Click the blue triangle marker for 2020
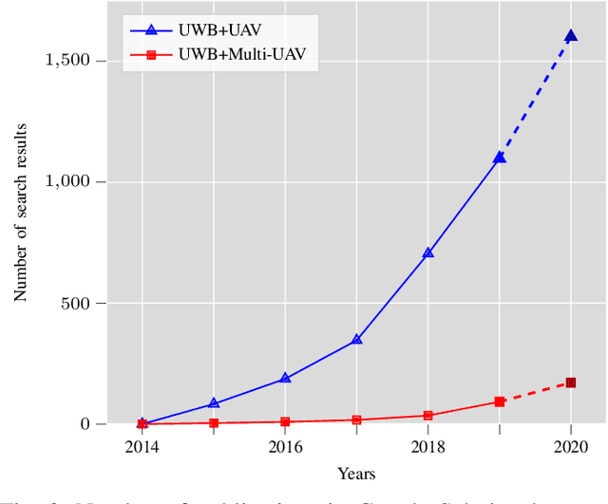570,36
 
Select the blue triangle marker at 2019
499,158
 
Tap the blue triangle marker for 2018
427,253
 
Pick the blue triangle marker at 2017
356,339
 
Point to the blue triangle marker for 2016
285,379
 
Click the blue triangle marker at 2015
214,403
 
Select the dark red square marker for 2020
570,383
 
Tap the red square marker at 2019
499,401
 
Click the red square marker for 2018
427,415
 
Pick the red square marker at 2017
356,420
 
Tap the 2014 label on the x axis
142,444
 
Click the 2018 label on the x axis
427,444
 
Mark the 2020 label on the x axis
570,444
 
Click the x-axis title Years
356,474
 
